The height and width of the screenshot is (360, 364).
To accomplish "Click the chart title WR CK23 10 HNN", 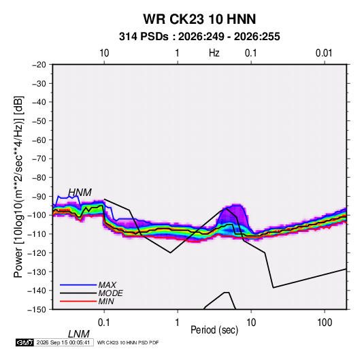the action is pyautogui.click(x=199, y=19).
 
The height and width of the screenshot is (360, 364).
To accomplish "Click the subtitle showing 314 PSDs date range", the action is pyautogui.click(x=199, y=37).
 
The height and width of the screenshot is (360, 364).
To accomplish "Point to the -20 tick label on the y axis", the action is pyautogui.click(x=39, y=65).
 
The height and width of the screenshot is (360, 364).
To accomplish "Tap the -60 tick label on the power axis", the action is pyautogui.click(x=39, y=140).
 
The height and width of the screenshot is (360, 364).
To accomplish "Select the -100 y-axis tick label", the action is pyautogui.click(x=37, y=215).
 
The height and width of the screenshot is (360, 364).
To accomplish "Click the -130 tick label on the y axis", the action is pyautogui.click(x=37, y=272).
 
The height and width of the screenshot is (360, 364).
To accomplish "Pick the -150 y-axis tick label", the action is pyautogui.click(x=37, y=310).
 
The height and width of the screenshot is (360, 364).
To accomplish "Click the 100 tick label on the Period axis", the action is pyautogui.click(x=325, y=322).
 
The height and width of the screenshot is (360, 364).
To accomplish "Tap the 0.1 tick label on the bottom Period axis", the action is pyautogui.click(x=104, y=322).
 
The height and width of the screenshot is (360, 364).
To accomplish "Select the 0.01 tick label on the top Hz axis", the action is pyautogui.click(x=324, y=53).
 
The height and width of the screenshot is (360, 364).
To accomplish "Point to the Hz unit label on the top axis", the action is pyautogui.click(x=214, y=53).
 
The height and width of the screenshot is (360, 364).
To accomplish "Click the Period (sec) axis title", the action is pyautogui.click(x=214, y=329).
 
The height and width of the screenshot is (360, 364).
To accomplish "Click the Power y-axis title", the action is pyautogui.click(x=18, y=186).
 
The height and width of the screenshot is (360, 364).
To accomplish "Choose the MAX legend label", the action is pyautogui.click(x=107, y=284).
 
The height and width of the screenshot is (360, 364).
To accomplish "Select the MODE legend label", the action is pyautogui.click(x=110, y=293).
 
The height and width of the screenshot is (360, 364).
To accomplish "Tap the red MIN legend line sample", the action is pyautogui.click(x=78, y=301).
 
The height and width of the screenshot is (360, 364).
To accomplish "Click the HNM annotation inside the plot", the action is pyautogui.click(x=80, y=193).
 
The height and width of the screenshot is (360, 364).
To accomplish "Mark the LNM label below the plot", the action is pyautogui.click(x=79, y=334).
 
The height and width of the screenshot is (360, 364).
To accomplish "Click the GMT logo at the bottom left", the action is pyautogui.click(x=25, y=342).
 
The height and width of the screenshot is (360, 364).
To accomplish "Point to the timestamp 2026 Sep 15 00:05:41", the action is pyautogui.click(x=63, y=342).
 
